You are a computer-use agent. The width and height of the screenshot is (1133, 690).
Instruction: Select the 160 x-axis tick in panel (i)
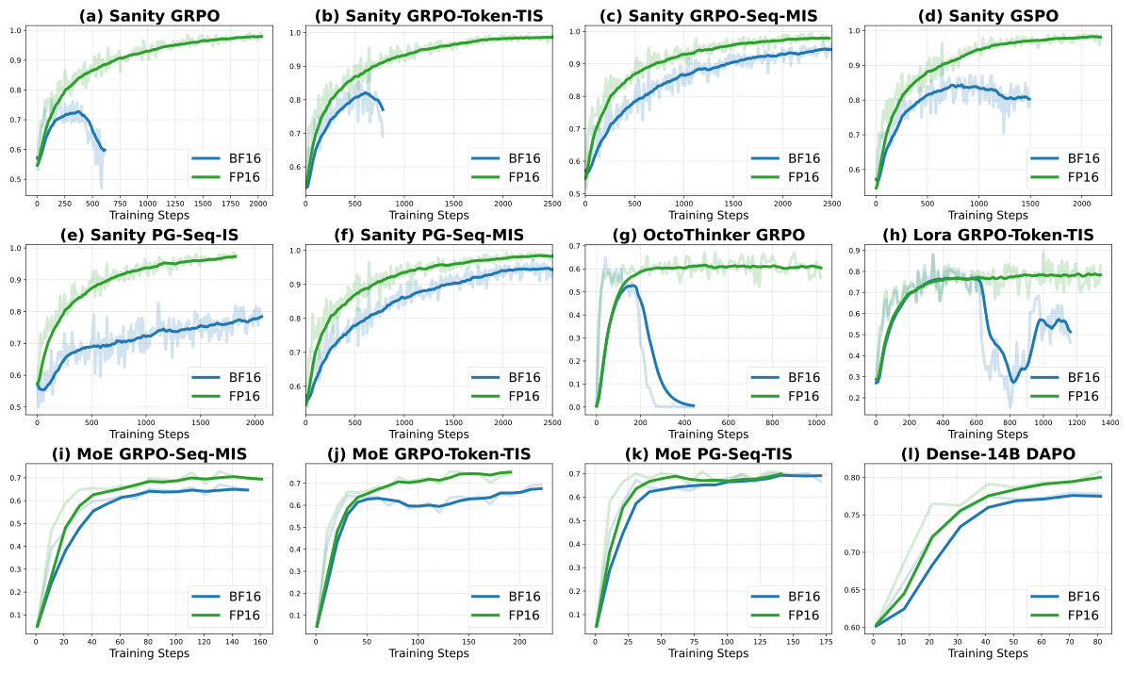coord(259,640)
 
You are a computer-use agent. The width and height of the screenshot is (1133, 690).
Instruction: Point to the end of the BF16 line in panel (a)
coord(105,150)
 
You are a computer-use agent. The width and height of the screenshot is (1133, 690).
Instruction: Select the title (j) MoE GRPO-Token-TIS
coord(429,454)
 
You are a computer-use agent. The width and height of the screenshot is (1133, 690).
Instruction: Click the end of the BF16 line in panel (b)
coord(383,110)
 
